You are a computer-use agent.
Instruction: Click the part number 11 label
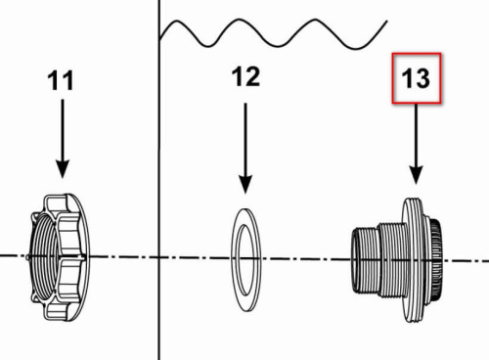[x=61, y=81]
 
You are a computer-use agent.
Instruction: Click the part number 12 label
[x=245, y=76]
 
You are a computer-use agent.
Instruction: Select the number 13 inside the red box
[x=416, y=78]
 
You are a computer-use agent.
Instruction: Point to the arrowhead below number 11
[x=63, y=169]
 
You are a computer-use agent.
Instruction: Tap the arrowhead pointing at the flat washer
[x=245, y=184]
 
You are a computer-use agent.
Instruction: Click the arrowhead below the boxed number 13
[x=416, y=175]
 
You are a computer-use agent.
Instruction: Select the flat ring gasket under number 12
[x=246, y=259]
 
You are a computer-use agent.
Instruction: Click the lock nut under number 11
[x=59, y=257]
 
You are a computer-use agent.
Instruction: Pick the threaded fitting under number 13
[x=397, y=259]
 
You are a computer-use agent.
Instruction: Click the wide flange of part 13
[x=412, y=259]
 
